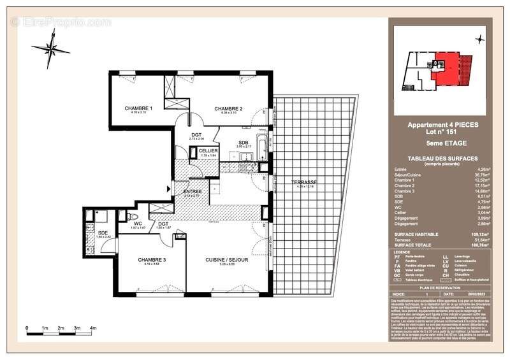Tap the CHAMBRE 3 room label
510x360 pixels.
(x=152, y=260)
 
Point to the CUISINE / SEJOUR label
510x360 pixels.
(x=226, y=260)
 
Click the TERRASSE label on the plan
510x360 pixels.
(x=304, y=182)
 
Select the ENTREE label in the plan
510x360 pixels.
(x=193, y=191)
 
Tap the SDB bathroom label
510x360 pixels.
(x=244, y=142)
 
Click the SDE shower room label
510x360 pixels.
(x=103, y=233)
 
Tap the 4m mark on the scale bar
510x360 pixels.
(x=93, y=328)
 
